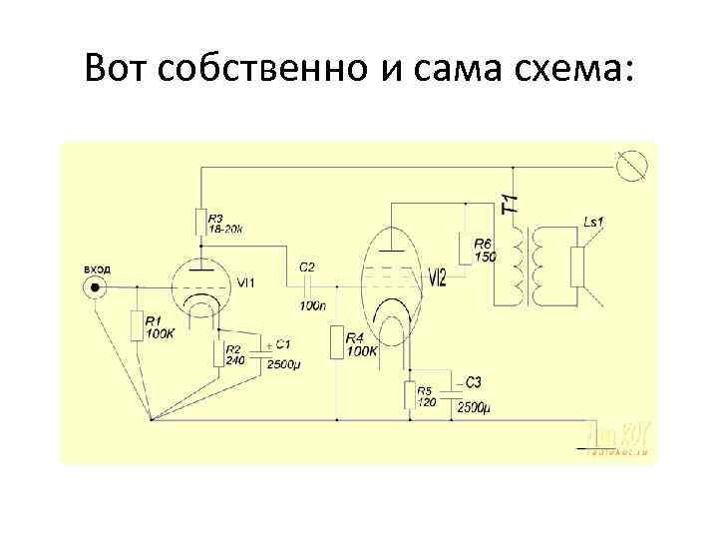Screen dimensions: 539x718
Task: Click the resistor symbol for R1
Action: pyautogui.click(x=136, y=324)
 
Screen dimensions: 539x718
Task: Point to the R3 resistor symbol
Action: pyautogui.click(x=199, y=222)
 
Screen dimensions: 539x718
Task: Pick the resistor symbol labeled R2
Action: pyautogui.click(x=216, y=353)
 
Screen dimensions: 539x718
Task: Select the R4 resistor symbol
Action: pyautogui.click(x=337, y=343)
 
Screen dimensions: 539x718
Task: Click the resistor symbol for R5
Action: pyautogui.click(x=408, y=396)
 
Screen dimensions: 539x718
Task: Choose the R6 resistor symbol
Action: pyautogui.click(x=465, y=249)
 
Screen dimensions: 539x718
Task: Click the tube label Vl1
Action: pyautogui.click(x=245, y=283)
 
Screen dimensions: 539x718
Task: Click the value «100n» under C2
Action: pyautogui.click(x=310, y=304)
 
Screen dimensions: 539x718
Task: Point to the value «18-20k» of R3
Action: pyautogui.click(x=226, y=229)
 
